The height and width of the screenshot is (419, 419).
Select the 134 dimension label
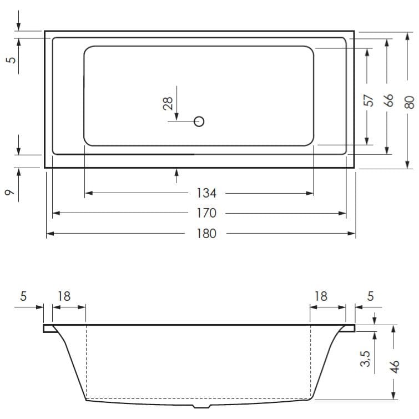(206, 193)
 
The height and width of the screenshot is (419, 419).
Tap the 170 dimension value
(206, 213)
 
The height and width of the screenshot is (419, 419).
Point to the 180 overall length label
(206, 234)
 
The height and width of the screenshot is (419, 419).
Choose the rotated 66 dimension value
(388, 100)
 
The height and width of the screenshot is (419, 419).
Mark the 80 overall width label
(408, 103)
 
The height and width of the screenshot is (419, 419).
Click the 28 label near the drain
(168, 103)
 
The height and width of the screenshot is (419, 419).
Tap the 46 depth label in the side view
(395, 368)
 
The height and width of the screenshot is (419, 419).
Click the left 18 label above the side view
(64, 296)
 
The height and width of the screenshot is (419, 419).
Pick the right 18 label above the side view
(321, 296)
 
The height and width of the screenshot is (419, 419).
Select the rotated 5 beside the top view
(9, 59)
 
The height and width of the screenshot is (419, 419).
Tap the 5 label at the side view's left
(23, 296)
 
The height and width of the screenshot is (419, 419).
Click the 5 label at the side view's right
(370, 296)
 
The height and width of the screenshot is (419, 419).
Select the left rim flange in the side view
(49, 329)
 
